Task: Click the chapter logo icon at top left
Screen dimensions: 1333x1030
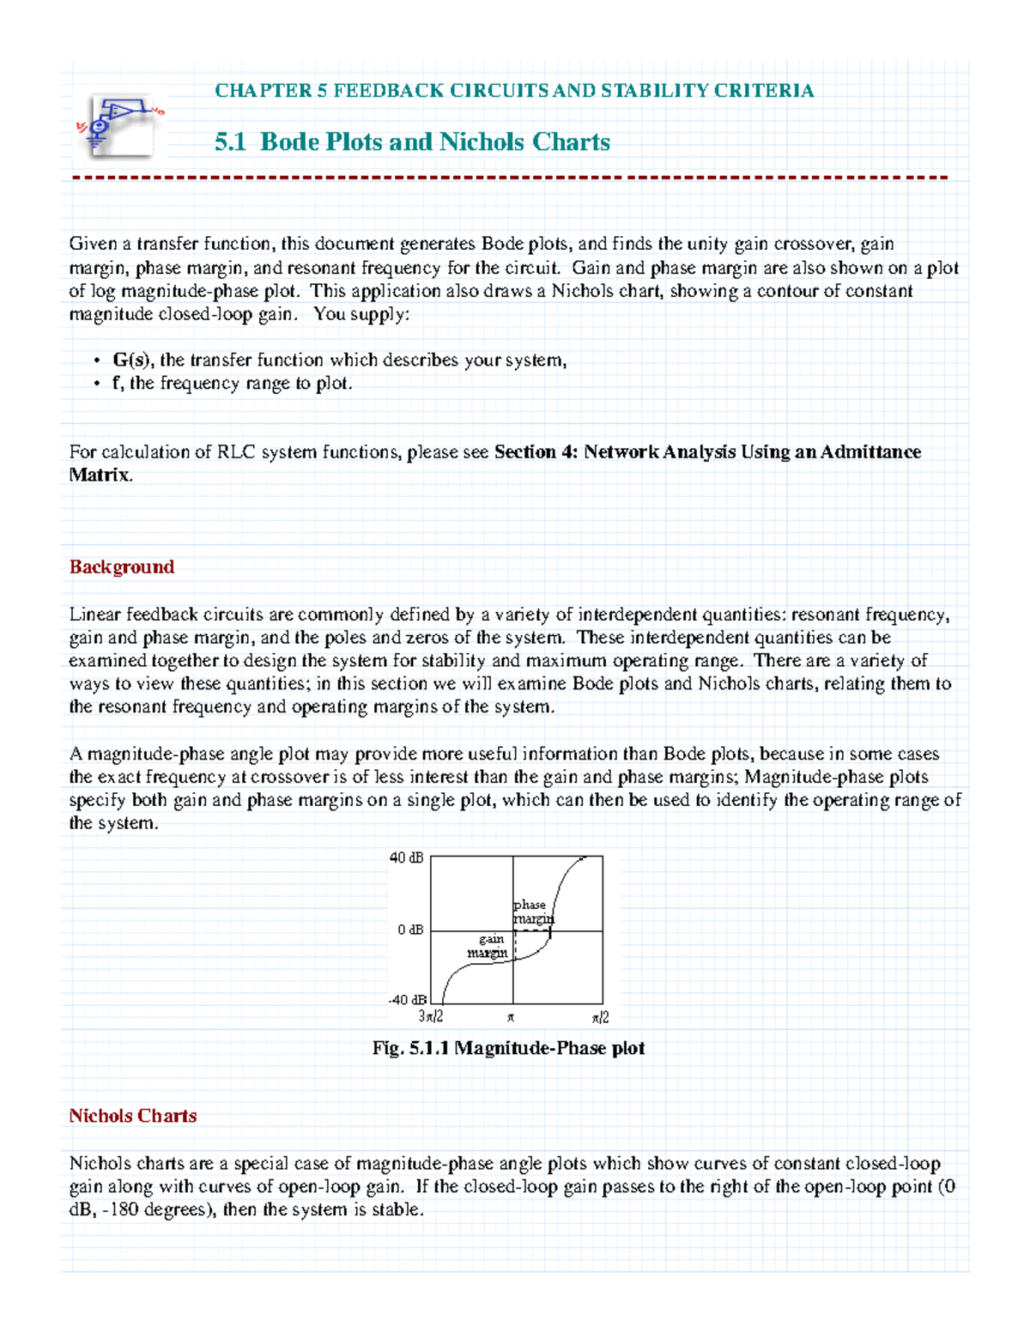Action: pyautogui.click(x=119, y=125)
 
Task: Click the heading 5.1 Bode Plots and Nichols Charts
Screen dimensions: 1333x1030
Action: pyautogui.click(x=412, y=142)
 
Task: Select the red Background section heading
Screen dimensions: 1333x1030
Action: pyautogui.click(x=122, y=567)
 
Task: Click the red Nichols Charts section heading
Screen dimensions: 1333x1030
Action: pyautogui.click(x=133, y=1116)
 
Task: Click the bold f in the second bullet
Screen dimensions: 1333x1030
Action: pyautogui.click(x=116, y=384)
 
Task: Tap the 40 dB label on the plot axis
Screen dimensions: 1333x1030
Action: pyautogui.click(x=406, y=857)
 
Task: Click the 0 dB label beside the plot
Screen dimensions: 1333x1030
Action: pyautogui.click(x=410, y=930)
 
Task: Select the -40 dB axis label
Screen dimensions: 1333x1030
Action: pyautogui.click(x=407, y=1000)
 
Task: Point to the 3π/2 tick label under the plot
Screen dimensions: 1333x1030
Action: pyautogui.click(x=431, y=1017)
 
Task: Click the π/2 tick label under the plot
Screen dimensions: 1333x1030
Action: pyautogui.click(x=600, y=1017)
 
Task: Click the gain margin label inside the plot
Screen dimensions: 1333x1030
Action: pyautogui.click(x=489, y=946)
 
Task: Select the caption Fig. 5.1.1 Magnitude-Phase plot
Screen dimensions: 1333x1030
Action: pyautogui.click(x=508, y=1048)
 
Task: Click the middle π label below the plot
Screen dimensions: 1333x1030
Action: pyautogui.click(x=511, y=1018)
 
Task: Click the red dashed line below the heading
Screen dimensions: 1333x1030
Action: pyautogui.click(x=510, y=178)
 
